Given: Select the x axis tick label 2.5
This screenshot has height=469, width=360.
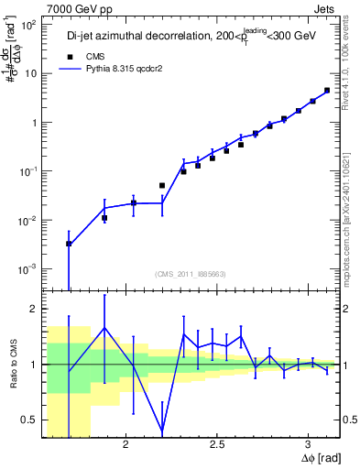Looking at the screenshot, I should pos(216,444).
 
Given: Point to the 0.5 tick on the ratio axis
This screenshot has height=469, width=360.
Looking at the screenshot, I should pos(29,420).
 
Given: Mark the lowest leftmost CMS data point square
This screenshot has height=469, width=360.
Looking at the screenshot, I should pos(70,244).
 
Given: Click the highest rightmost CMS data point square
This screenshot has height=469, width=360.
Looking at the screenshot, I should pos(327,91).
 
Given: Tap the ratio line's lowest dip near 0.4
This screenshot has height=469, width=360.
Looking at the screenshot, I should pos(162,430).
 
